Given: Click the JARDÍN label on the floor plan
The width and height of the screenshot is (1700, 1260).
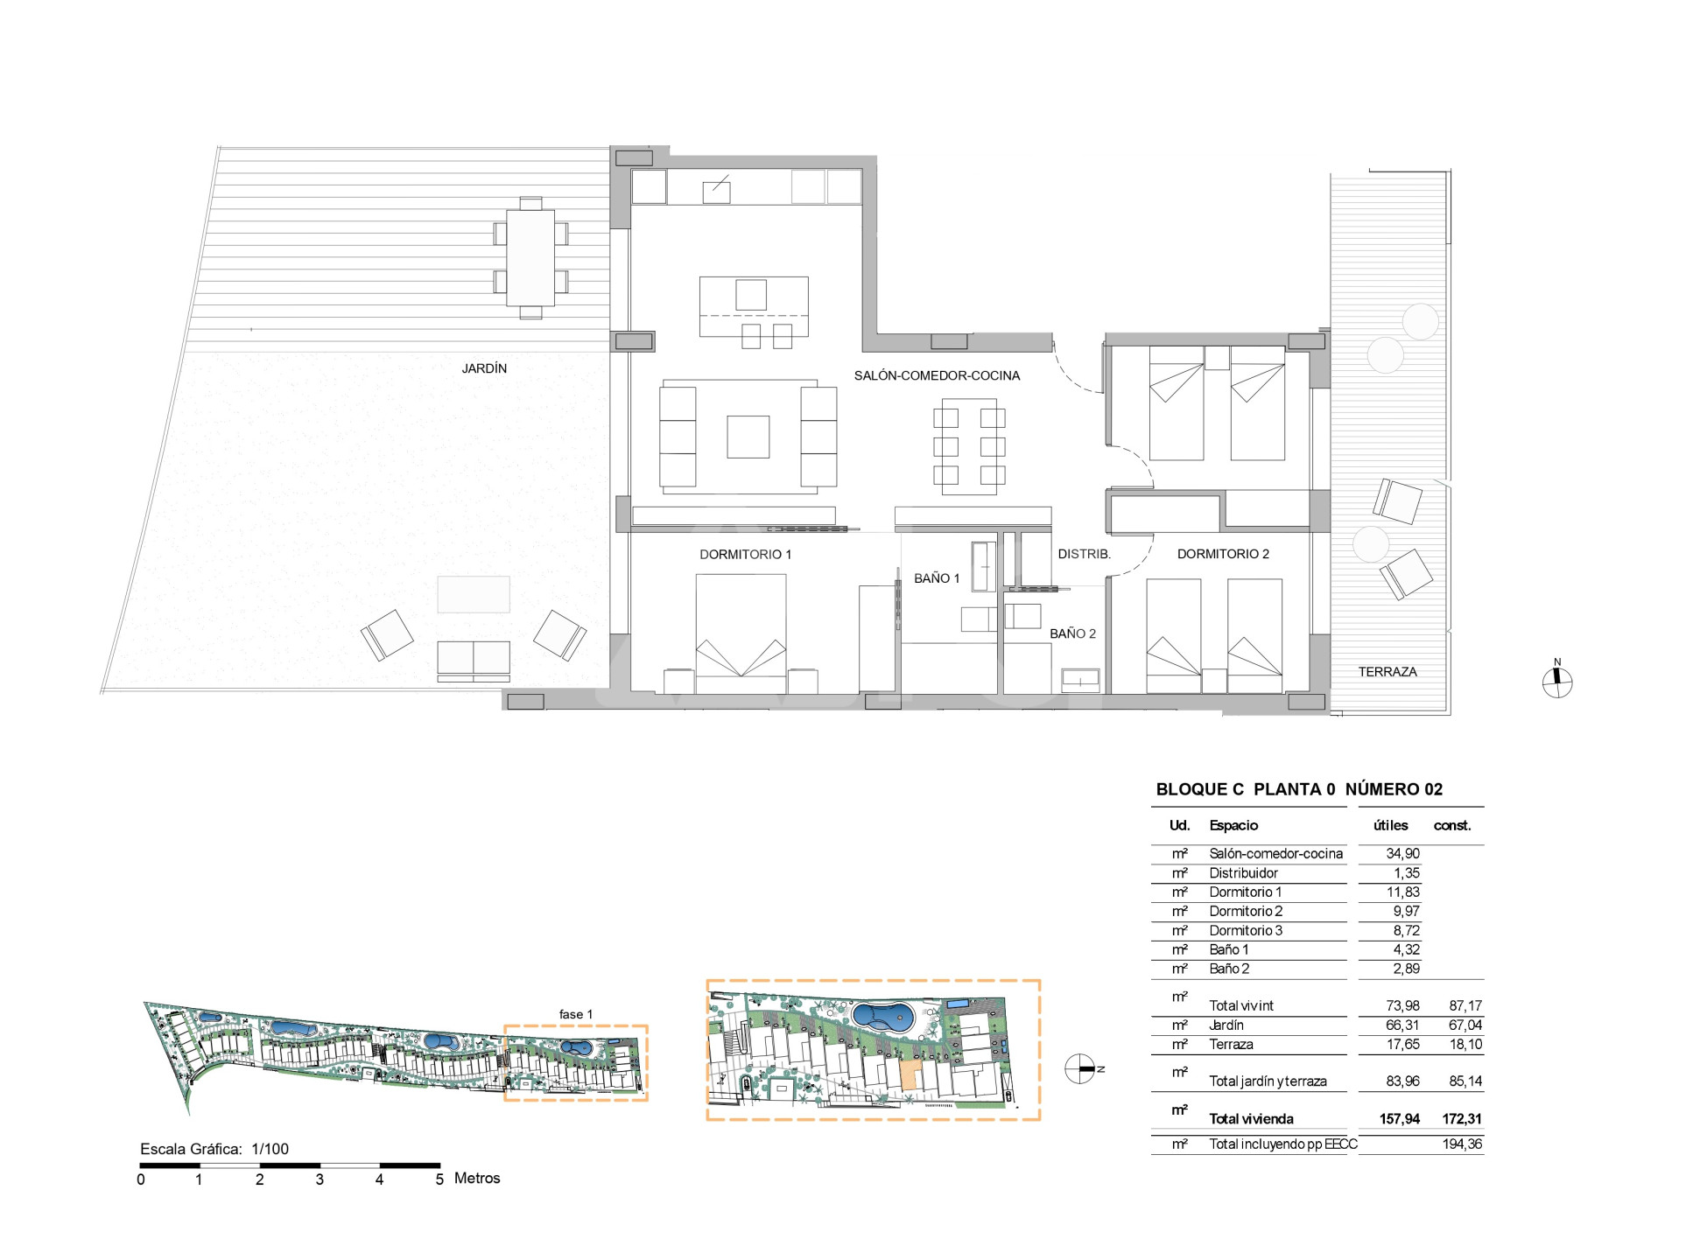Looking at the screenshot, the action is pyautogui.click(x=484, y=368).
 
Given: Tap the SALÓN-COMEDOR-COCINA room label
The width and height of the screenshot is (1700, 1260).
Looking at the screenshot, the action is pyautogui.click(x=937, y=375).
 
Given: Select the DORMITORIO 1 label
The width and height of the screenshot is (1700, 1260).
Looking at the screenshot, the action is pyautogui.click(x=745, y=554).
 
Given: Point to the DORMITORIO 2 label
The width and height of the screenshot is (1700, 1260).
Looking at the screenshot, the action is pyautogui.click(x=1223, y=554).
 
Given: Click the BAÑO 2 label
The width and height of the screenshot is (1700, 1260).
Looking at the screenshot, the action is pyautogui.click(x=1072, y=633).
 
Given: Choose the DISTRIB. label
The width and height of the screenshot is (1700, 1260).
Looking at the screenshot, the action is pyautogui.click(x=1084, y=554).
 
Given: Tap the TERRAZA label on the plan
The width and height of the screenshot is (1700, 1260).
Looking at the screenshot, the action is pyautogui.click(x=1387, y=672).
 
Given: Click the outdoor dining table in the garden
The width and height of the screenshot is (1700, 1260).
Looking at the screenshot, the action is pyautogui.click(x=530, y=257).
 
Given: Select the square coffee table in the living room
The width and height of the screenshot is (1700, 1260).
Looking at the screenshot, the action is pyautogui.click(x=748, y=437).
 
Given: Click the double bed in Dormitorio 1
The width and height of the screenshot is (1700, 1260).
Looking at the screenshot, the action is pyautogui.click(x=741, y=633).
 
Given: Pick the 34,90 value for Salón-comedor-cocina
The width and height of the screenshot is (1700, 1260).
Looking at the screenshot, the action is pyautogui.click(x=1402, y=854).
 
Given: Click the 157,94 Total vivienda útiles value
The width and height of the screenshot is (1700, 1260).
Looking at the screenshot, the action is pyautogui.click(x=1400, y=1119).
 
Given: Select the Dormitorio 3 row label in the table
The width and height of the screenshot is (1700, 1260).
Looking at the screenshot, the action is pyautogui.click(x=1246, y=931).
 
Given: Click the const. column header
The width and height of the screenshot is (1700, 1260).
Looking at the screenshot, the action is pyautogui.click(x=1452, y=826).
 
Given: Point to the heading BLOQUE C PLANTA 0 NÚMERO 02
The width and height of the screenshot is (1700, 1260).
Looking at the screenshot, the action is pyautogui.click(x=1299, y=789).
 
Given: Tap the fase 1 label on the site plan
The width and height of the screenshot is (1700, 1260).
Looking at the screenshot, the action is pyautogui.click(x=576, y=1014).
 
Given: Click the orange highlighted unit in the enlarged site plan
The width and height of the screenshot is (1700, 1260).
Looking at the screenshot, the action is pyautogui.click(x=909, y=1075).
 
